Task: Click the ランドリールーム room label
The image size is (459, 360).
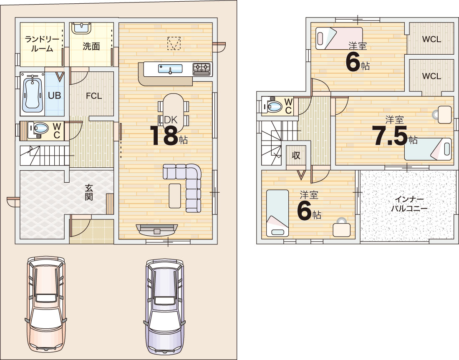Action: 42,44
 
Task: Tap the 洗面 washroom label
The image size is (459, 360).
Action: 91,46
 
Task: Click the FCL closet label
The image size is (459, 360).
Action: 93,96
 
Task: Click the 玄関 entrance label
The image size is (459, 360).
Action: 89,192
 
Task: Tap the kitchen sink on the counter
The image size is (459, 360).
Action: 170,69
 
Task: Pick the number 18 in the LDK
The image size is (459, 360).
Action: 164,136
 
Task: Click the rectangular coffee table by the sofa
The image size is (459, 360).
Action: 175,196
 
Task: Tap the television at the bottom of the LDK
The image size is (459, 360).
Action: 157,229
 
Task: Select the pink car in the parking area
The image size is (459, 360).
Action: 46,304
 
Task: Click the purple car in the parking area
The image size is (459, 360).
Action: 165,305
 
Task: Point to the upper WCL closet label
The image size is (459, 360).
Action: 431,39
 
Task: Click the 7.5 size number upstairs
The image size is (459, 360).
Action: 390,136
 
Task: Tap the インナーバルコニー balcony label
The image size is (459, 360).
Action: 409,204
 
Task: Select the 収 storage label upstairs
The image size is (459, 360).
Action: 296,156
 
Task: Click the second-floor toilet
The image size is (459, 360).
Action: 272,106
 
